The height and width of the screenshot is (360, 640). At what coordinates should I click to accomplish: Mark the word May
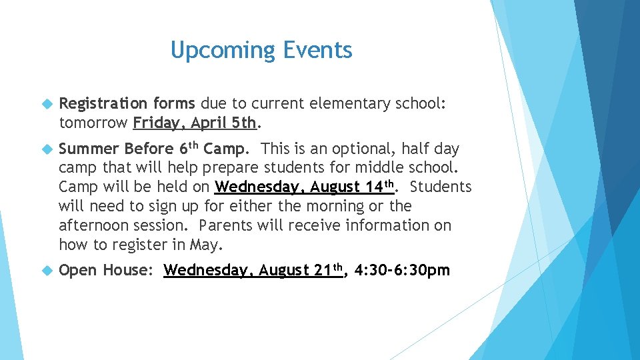[x=204, y=245]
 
